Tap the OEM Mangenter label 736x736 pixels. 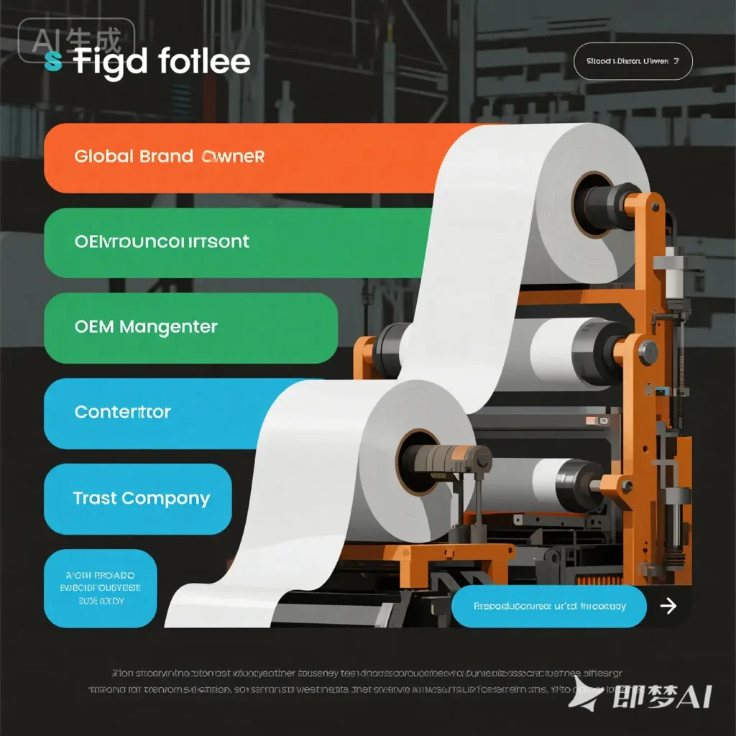click(x=146, y=327)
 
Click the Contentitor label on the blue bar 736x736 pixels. click(x=123, y=413)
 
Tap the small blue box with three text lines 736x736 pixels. click(x=100, y=588)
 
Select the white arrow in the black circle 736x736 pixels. click(x=668, y=606)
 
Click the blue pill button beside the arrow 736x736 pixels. click(x=549, y=606)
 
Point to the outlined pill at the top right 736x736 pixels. click(x=633, y=63)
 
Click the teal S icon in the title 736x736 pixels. click(x=52, y=62)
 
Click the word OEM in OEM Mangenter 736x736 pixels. click(x=93, y=327)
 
